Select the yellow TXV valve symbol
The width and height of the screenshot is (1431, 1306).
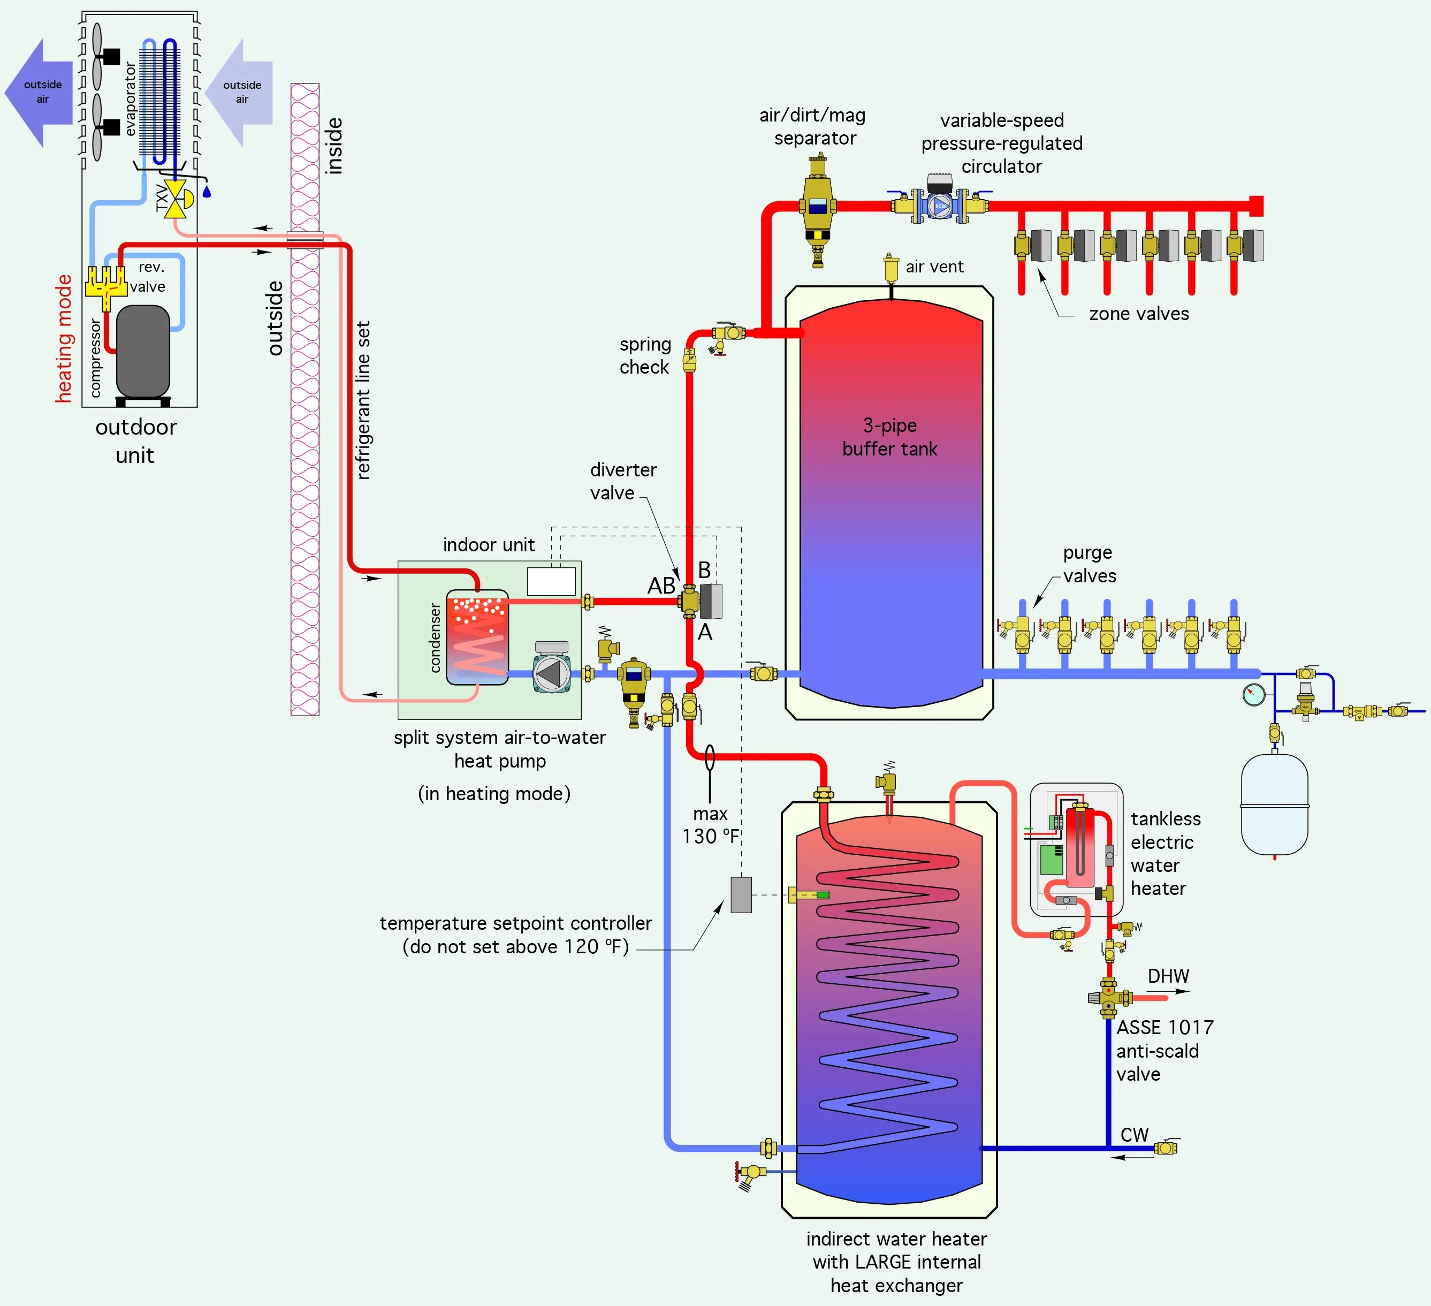click(174, 199)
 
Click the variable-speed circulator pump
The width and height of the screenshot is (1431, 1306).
click(940, 204)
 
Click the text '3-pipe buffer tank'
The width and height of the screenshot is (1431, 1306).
click(890, 437)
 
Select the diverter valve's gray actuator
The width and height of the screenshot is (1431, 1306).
click(711, 601)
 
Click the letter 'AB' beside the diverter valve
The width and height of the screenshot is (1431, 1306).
click(661, 586)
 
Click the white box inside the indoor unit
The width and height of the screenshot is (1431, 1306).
click(551, 581)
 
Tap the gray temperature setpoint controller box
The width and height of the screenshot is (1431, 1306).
click(741, 894)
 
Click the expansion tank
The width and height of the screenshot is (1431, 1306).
click(1275, 805)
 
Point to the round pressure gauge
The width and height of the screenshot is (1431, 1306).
click(1254, 694)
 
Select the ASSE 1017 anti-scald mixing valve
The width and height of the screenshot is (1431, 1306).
click(1109, 997)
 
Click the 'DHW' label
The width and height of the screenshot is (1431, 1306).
click(1168, 976)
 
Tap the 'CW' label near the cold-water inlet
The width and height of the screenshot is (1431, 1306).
click(1135, 1135)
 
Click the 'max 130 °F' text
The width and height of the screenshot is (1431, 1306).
click(711, 825)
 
